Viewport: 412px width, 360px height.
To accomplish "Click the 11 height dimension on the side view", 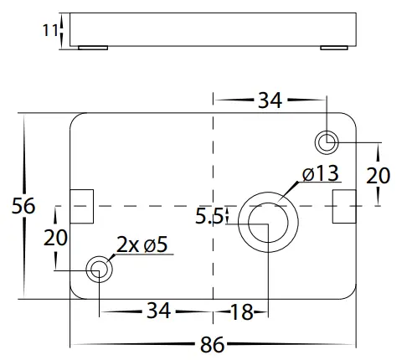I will tap(49, 30).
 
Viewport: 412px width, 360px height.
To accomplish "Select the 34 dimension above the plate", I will tap(270, 100).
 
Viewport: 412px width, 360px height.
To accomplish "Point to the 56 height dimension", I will tap(24, 205).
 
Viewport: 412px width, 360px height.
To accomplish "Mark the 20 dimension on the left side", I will tap(55, 237).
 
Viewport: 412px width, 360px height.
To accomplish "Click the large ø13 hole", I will tap(267, 221).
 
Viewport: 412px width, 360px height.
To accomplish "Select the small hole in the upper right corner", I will tap(327, 141).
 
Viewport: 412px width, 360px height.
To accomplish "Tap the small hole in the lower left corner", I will tap(99, 270).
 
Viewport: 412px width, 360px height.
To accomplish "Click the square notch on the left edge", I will tap(81, 206).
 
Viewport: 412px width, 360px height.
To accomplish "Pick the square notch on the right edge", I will tap(344, 206).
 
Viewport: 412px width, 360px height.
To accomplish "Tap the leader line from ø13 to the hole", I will tap(290, 191).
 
